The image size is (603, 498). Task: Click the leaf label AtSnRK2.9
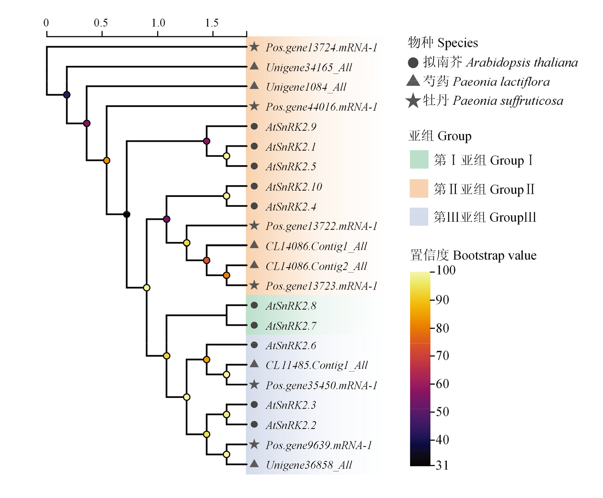pyautogui.click(x=291, y=127)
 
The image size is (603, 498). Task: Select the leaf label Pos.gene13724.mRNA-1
pyautogui.click(x=321, y=48)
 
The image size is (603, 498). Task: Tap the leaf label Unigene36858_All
pyautogui.click(x=309, y=465)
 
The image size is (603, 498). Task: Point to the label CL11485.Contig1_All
pyautogui.click(x=317, y=365)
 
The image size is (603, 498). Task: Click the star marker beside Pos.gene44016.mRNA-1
pyautogui.click(x=254, y=106)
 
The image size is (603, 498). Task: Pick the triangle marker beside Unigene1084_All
pyautogui.click(x=254, y=85)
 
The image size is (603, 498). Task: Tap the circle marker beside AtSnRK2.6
pyautogui.click(x=254, y=345)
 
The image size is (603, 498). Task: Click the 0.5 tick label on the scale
pyautogui.click(x=101, y=23)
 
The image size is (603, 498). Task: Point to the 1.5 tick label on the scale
pyautogui.click(x=212, y=23)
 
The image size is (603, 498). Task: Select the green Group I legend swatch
pyautogui.click(x=419, y=159)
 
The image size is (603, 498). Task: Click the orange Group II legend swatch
pyautogui.click(x=419, y=188)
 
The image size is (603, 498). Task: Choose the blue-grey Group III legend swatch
pyautogui.click(x=419, y=216)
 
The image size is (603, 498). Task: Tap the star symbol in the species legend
pyautogui.click(x=413, y=101)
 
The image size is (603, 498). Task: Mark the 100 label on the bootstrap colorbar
pyautogui.click(x=446, y=270)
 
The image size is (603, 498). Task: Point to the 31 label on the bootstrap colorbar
pyautogui.click(x=442, y=465)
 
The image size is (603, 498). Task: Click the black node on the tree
pyautogui.click(x=127, y=214)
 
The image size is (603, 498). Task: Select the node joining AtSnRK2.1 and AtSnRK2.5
pyautogui.click(x=227, y=156)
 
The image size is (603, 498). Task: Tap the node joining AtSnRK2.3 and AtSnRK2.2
pyautogui.click(x=227, y=414)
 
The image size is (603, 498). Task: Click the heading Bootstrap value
pyautogui.click(x=495, y=255)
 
